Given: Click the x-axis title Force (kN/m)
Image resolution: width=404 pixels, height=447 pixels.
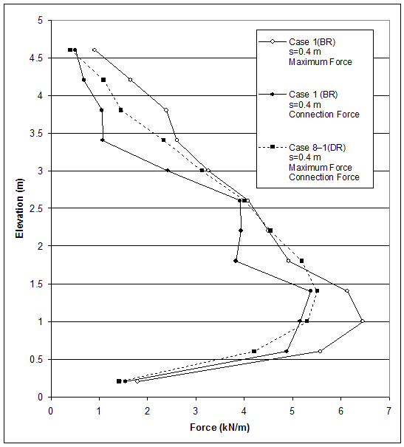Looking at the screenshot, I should point(219,428).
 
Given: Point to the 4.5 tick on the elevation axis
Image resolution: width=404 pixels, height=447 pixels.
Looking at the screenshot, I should point(40,58).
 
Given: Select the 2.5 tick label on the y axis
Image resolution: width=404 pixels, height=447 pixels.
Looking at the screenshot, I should point(40,209).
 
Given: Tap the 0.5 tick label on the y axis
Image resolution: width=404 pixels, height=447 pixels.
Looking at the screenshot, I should point(40,360).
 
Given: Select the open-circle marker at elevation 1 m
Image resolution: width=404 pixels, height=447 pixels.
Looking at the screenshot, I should point(362,321).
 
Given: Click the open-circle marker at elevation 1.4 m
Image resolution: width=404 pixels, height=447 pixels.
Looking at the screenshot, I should point(347,290).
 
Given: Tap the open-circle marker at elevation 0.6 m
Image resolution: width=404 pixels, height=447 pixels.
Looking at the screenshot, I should point(320,351).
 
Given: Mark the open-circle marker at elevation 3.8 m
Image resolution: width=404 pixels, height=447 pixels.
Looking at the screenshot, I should point(166,110).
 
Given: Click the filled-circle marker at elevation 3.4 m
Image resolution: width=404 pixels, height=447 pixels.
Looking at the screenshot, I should point(103,140).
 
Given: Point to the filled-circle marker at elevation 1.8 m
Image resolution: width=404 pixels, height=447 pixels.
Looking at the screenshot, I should point(236,261).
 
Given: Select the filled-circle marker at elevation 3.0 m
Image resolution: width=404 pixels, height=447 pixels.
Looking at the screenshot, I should point(168,170).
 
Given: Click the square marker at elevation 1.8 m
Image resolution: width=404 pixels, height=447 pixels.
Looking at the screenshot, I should point(301,260).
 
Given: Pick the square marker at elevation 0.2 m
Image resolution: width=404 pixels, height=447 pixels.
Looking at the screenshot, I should point(119,381).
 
